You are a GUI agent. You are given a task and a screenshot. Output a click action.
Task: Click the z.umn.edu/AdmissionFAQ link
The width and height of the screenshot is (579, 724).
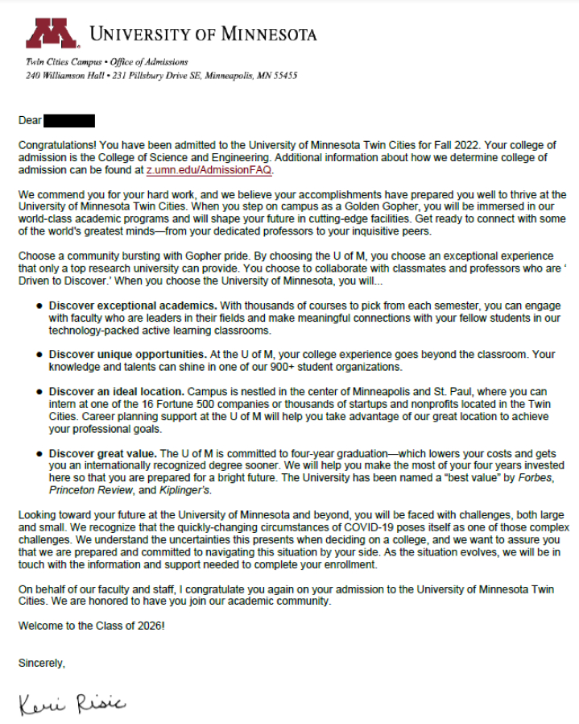[x=209, y=171]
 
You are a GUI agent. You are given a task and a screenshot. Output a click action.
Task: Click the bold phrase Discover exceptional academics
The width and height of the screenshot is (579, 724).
[x=132, y=306]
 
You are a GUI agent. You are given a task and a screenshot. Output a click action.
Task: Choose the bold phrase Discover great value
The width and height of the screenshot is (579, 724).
[x=103, y=454]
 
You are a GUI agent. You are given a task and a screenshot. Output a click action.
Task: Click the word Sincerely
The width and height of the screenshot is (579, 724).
[x=41, y=664]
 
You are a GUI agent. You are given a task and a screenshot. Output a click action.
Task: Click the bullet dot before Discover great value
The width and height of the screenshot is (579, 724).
[x=39, y=455]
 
